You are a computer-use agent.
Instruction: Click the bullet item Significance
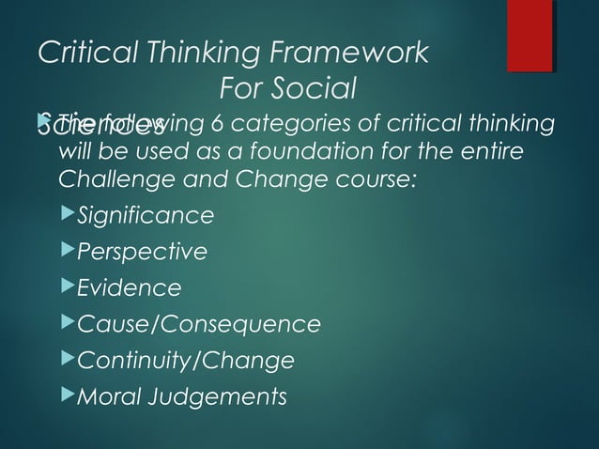(x=145, y=217)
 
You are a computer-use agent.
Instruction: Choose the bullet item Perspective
(x=142, y=253)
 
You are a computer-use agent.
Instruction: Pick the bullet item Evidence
(x=129, y=288)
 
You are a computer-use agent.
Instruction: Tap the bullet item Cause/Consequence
(x=198, y=325)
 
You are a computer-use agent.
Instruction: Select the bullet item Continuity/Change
(x=185, y=361)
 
